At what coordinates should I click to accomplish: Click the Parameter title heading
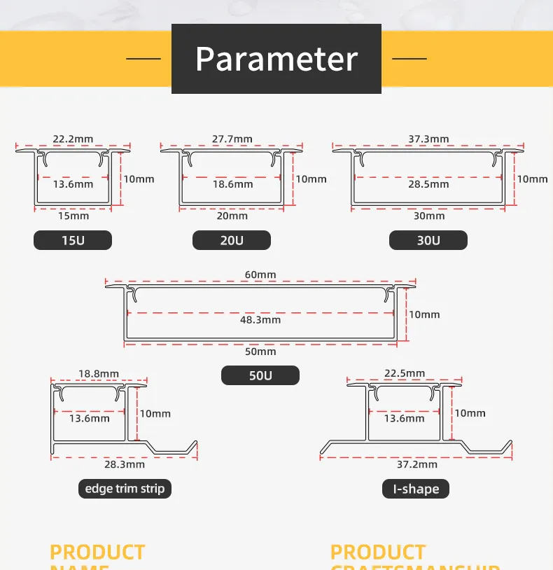[x=276, y=59]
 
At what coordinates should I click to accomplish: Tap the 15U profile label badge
[x=73, y=241]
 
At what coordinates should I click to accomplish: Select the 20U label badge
[x=232, y=241]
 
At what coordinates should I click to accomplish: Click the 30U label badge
[x=428, y=241]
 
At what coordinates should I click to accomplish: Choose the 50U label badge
[x=260, y=376]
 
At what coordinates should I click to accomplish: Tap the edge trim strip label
[x=125, y=489]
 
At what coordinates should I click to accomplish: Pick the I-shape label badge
[x=416, y=489]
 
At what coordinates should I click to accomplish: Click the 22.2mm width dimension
[x=73, y=139]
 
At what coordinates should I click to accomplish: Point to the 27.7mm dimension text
[x=232, y=139]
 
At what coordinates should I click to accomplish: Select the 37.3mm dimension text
[x=429, y=139]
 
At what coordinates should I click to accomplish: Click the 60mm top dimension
[x=260, y=274]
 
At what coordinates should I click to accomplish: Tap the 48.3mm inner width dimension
[x=260, y=319]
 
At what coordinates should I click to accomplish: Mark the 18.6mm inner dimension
[x=232, y=184]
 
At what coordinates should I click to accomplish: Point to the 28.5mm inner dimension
[x=429, y=184]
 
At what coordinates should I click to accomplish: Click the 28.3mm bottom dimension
[x=125, y=464]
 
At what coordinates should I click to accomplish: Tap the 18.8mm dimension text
[x=99, y=374]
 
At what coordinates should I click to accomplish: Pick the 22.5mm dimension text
[x=405, y=373]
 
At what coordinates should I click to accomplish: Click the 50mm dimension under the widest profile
[x=260, y=352]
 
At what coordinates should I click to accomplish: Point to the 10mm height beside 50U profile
[x=425, y=314]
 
